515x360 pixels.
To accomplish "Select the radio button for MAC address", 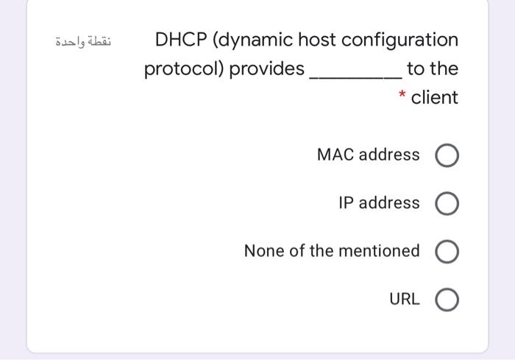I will click(x=448, y=156).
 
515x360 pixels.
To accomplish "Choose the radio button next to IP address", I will click(x=448, y=204).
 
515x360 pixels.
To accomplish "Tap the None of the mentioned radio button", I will click(x=448, y=252).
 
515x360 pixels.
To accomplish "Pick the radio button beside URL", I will click(x=448, y=300).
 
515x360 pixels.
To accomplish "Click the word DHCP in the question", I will click(x=180, y=40).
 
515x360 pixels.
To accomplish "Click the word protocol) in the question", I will click(x=183, y=70).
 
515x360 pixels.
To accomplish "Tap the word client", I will click(x=435, y=97).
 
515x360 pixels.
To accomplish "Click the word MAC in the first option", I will click(x=334, y=155).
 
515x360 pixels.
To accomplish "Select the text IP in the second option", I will click(x=346, y=203).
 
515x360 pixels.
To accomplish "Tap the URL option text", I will click(x=405, y=300).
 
